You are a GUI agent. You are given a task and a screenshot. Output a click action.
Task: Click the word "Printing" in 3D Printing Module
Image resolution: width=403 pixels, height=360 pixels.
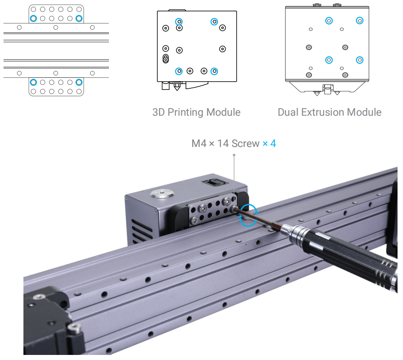(185, 113)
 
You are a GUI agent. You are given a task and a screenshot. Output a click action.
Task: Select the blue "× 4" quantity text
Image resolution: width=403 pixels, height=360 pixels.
(269, 143)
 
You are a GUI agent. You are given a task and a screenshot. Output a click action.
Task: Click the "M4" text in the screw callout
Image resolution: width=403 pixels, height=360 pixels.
(199, 143)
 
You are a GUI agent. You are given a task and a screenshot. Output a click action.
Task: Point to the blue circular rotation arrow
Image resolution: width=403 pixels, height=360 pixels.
(248, 215)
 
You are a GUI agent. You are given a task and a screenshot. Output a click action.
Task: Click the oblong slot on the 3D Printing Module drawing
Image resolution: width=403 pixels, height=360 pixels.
(166, 59)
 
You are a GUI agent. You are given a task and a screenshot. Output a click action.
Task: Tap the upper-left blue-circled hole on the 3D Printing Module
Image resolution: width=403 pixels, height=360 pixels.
(179, 21)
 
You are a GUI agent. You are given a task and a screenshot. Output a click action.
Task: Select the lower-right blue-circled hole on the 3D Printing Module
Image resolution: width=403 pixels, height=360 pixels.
(214, 71)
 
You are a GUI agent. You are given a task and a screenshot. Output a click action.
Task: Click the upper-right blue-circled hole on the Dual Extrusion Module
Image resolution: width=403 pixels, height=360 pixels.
(359, 20)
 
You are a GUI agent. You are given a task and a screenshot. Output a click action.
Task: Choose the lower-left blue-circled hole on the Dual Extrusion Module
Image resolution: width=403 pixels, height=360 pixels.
(329, 60)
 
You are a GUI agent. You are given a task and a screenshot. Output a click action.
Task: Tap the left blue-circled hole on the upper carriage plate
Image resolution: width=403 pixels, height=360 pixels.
(33, 18)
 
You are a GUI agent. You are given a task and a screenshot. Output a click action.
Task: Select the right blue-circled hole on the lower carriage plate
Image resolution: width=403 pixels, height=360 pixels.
(79, 82)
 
